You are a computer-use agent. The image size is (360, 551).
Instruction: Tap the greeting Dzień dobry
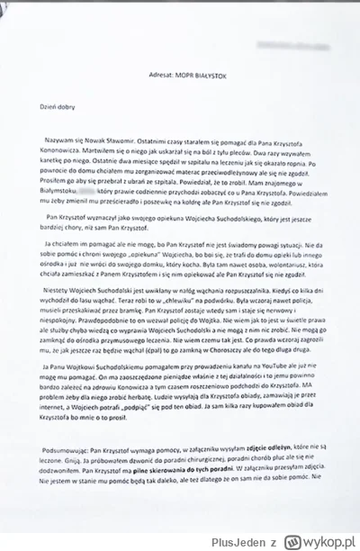point(51,106)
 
